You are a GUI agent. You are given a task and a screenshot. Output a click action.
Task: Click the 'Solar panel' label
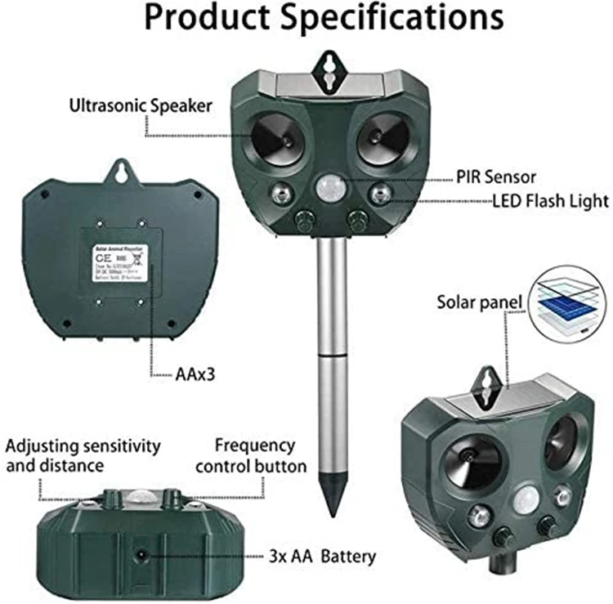point(479,304)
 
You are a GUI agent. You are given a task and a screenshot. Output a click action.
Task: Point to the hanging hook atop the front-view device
point(329,67)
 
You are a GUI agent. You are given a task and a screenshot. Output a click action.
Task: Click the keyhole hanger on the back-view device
point(123,172)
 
